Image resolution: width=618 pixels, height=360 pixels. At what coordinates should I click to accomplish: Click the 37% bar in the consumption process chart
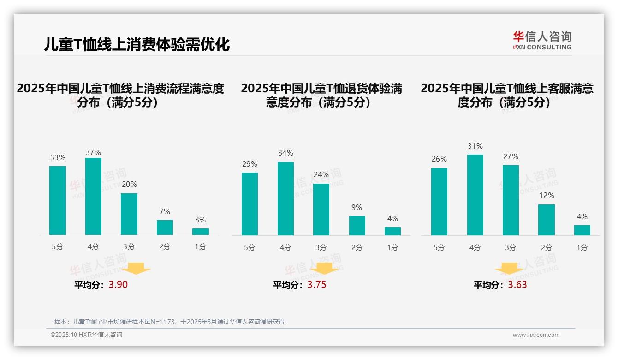[93, 196]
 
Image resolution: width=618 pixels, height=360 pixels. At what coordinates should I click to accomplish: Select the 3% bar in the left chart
[201, 232]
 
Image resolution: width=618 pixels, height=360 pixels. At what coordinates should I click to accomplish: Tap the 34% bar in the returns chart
[285, 198]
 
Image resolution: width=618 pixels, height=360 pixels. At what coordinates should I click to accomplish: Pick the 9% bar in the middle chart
[357, 226]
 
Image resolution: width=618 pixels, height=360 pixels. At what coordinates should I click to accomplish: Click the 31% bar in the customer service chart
[475, 195]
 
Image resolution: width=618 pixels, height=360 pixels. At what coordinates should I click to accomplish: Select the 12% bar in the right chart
[547, 220]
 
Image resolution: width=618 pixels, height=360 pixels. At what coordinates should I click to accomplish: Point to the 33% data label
[58, 158]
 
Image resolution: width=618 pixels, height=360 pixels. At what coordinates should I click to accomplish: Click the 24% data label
[321, 175]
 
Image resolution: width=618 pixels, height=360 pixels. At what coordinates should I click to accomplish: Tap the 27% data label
[511, 157]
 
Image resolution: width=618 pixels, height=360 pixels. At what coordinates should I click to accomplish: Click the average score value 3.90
[118, 285]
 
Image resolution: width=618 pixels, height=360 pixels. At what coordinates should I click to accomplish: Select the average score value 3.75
[316, 285]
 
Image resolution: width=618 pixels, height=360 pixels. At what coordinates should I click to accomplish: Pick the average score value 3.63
[517, 285]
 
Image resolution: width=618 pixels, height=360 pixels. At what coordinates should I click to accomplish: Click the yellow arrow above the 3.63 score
[509, 269]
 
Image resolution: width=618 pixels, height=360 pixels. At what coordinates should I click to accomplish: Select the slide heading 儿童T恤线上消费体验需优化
[137, 45]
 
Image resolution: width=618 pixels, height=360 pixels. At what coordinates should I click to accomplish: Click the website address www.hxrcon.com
[536, 335]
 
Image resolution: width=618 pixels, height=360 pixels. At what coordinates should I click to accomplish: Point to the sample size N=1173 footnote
[170, 322]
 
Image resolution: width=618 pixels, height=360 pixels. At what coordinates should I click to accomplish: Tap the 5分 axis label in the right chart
[439, 247]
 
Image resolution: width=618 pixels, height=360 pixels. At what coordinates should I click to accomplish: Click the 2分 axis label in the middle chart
[357, 247]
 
